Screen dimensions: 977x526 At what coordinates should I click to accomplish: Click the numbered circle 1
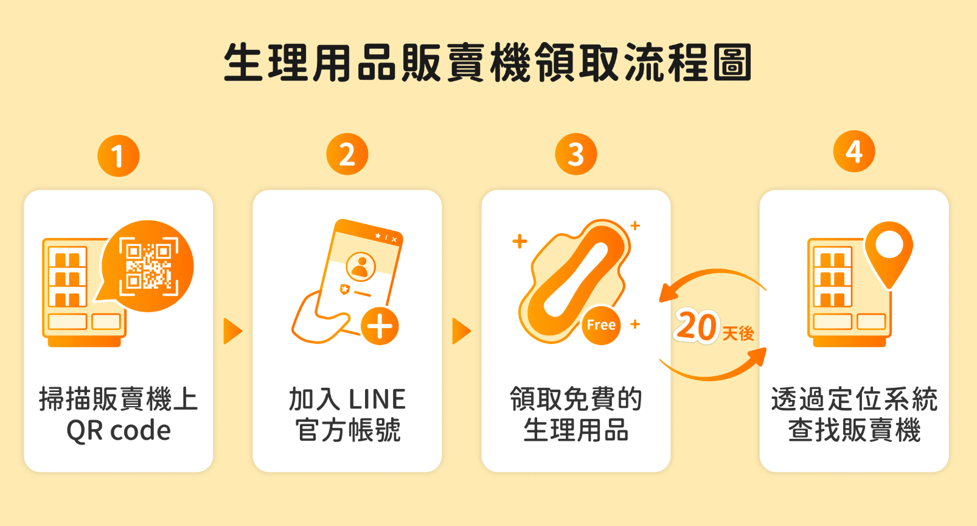(118, 156)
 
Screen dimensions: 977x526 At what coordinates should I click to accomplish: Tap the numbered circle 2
(347, 154)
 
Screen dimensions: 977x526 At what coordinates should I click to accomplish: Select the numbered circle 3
(575, 154)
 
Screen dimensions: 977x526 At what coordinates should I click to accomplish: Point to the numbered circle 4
(854, 151)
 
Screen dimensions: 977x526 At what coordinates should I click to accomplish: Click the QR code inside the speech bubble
(148, 267)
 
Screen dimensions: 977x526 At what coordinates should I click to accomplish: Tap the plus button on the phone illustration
(380, 326)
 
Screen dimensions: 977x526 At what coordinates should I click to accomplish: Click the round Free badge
(601, 325)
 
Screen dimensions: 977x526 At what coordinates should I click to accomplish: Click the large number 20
(696, 326)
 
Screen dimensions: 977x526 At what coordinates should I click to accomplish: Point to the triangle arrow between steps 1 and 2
(232, 331)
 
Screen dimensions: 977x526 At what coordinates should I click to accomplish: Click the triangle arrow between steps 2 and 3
(461, 331)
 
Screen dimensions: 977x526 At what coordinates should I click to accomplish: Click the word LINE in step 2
(377, 399)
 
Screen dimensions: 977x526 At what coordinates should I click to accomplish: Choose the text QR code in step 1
(119, 431)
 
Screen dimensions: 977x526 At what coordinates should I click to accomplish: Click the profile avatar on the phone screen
(361, 267)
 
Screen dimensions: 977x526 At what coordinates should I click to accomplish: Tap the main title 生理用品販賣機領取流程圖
(488, 62)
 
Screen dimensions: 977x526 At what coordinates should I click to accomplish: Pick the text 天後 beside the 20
(738, 334)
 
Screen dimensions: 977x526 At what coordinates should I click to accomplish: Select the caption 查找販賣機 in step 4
(854, 430)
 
